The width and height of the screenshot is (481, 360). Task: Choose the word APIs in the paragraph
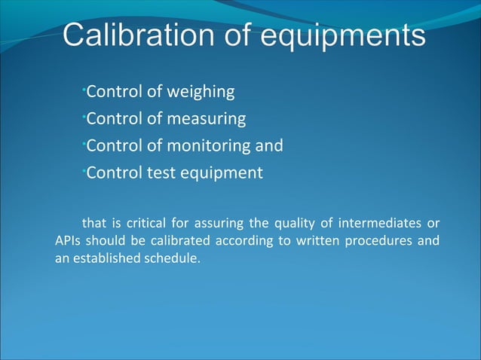69,241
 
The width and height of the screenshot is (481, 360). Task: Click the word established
107,260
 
